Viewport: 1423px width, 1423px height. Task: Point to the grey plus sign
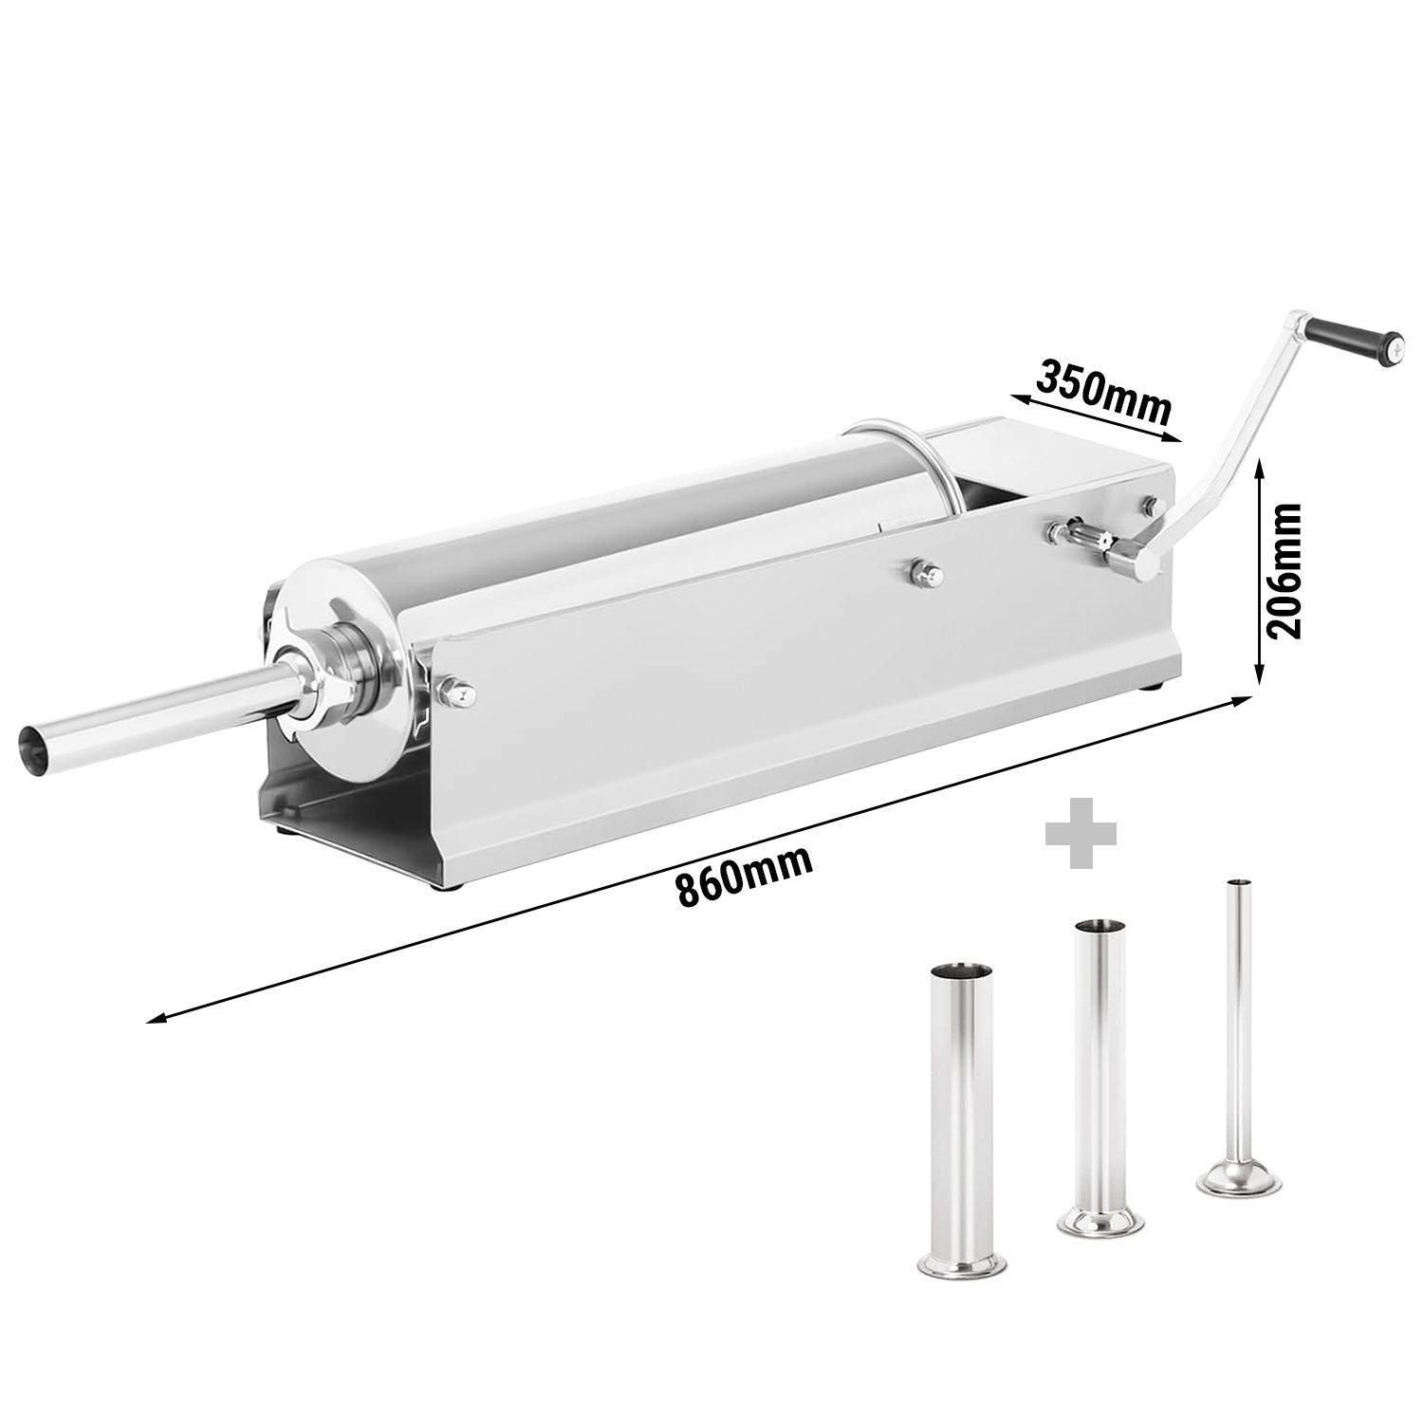tap(1081, 832)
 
